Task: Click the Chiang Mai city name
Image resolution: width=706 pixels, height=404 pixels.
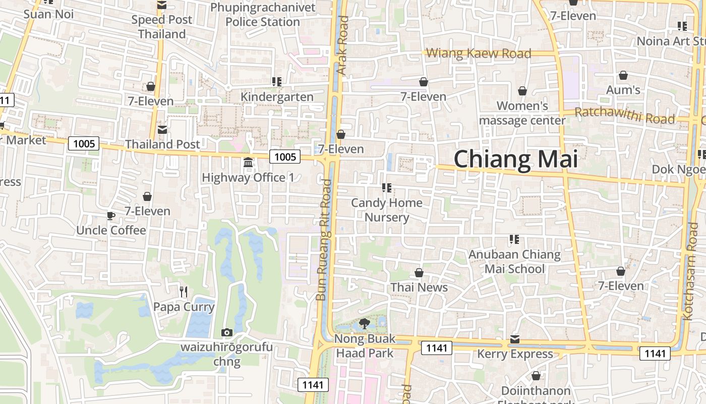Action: click(x=515, y=160)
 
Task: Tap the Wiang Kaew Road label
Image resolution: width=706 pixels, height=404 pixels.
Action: click(x=479, y=53)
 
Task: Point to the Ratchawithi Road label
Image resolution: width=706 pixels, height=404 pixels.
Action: click(x=624, y=116)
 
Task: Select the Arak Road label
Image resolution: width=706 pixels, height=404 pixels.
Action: click(x=343, y=45)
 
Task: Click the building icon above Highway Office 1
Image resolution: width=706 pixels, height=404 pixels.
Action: click(x=248, y=163)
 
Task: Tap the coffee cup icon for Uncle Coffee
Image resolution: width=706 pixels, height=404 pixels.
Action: click(x=111, y=216)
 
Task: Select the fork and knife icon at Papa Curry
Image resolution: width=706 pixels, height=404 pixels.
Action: click(x=184, y=291)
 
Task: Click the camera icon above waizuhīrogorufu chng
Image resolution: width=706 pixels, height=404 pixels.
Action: click(x=227, y=332)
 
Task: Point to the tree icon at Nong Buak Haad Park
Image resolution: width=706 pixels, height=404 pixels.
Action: click(x=364, y=324)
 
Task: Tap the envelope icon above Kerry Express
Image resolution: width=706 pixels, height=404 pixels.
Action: click(x=515, y=339)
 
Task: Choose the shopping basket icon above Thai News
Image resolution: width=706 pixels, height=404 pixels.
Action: click(x=419, y=273)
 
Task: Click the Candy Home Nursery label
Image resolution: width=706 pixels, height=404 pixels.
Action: click(x=387, y=210)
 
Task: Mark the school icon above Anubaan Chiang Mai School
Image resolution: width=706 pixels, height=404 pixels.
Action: click(x=514, y=239)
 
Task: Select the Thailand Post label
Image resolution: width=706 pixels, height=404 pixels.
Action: click(x=162, y=144)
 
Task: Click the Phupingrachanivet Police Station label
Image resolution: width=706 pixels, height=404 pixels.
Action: click(x=263, y=15)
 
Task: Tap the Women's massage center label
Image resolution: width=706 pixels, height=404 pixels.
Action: click(x=522, y=113)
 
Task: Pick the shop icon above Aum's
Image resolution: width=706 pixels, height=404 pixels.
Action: click(x=623, y=75)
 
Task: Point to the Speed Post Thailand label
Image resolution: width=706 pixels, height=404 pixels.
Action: click(x=162, y=27)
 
